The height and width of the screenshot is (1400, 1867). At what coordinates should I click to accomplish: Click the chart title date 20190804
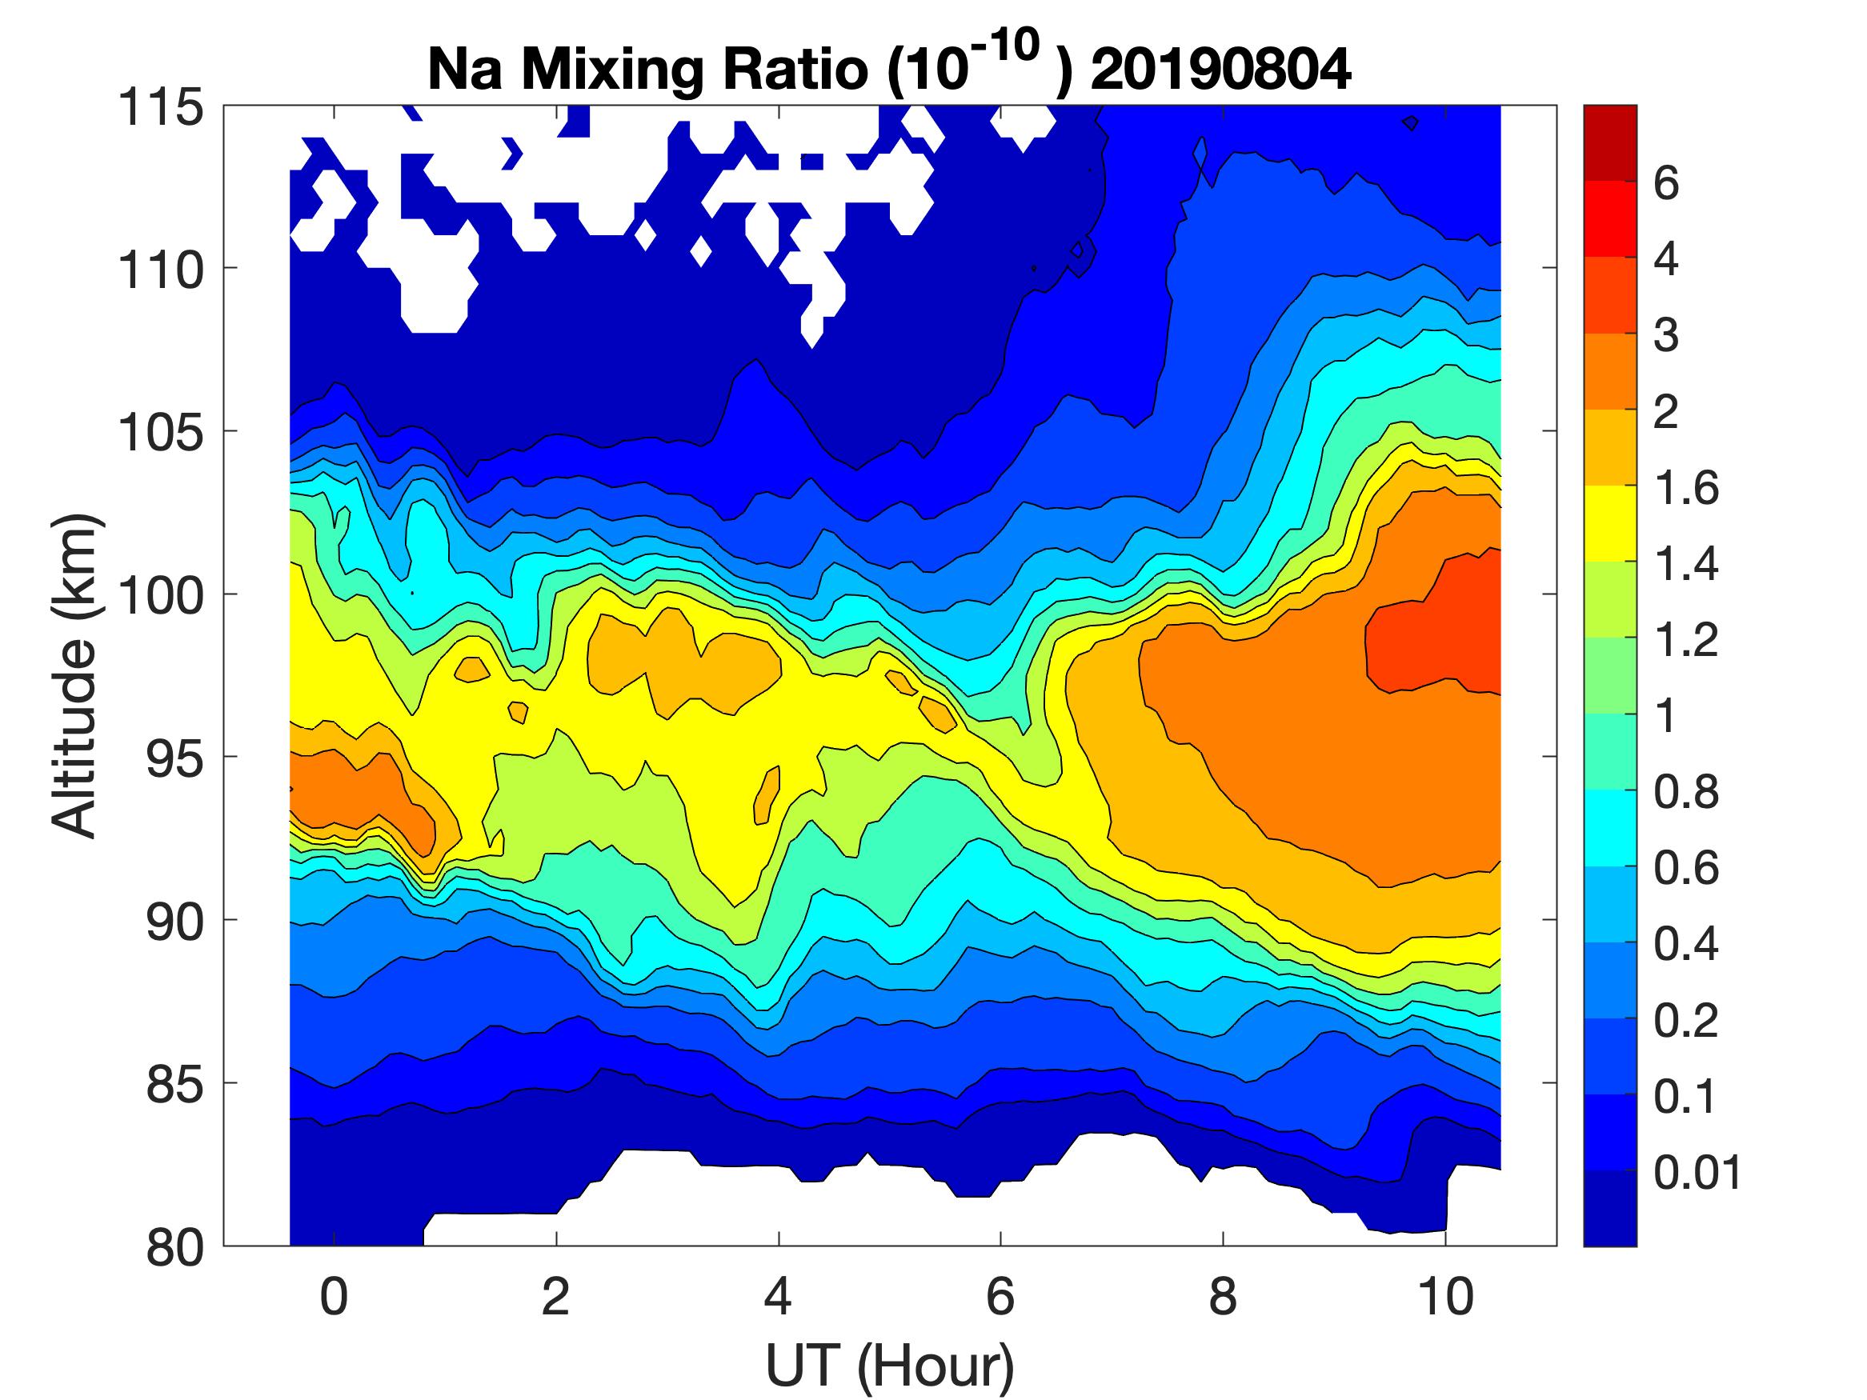1220,70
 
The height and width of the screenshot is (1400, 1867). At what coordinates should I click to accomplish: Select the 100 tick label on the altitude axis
160,596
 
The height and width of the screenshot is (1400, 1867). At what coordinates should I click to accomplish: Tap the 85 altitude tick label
174,1084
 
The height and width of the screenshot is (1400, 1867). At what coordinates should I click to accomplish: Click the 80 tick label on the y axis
174,1247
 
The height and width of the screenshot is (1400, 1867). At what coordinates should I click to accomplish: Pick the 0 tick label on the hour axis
335,1296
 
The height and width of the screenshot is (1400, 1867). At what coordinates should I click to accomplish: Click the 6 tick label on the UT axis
1000,1296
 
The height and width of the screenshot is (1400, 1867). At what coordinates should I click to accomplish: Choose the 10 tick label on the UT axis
1445,1296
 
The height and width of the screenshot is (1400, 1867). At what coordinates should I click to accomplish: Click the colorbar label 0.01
1697,1173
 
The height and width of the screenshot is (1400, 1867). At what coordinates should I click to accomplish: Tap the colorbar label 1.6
1685,489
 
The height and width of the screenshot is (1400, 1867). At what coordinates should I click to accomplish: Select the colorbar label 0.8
1685,794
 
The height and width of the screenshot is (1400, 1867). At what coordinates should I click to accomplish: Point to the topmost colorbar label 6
1665,184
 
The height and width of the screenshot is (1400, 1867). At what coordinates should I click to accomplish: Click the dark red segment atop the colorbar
1609,142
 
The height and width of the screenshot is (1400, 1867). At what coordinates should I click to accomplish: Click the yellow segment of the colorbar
1609,523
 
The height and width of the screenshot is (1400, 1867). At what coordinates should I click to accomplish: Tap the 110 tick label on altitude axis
160,271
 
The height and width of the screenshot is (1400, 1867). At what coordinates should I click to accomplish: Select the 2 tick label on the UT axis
555,1296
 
